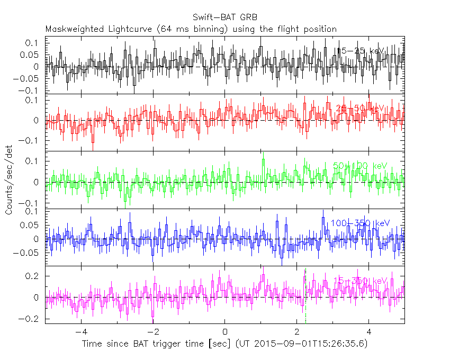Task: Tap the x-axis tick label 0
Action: click(225, 332)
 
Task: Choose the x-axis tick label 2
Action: click(297, 332)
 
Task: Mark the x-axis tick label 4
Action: click(369, 332)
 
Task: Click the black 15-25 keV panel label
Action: click(359, 51)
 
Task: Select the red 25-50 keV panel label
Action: click(359, 109)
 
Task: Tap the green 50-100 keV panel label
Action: click(360, 166)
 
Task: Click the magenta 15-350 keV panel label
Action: click(360, 280)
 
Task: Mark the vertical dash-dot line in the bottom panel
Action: click(305, 296)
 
